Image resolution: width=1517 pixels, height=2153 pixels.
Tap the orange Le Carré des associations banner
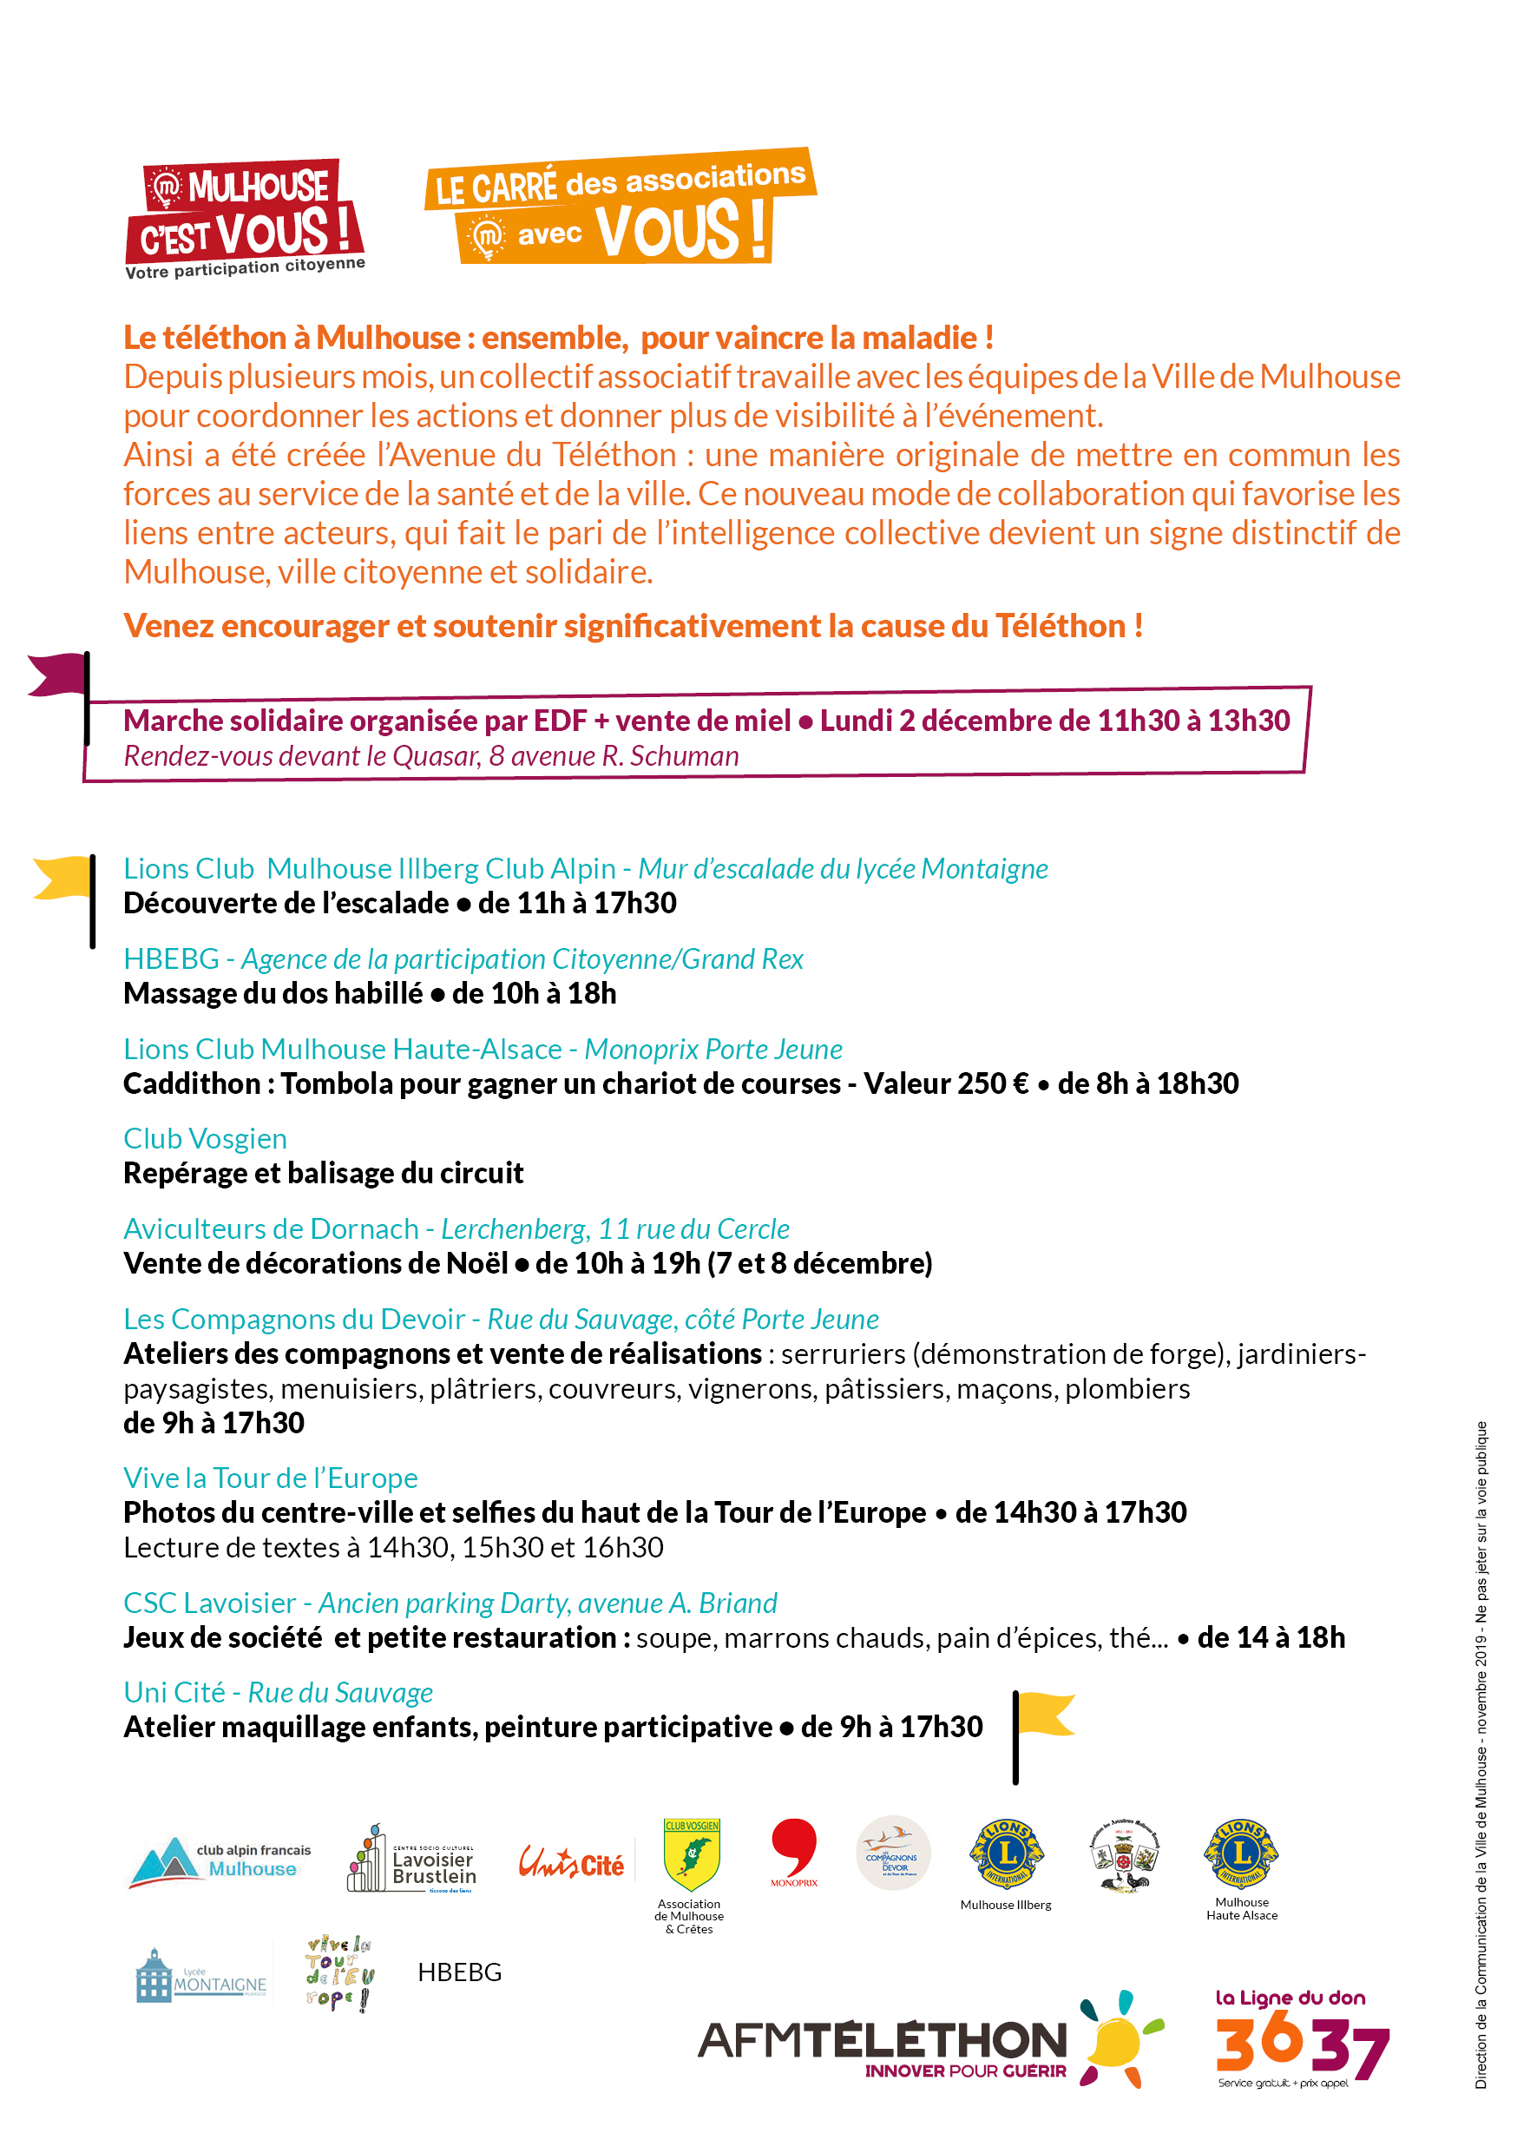[x=620, y=207]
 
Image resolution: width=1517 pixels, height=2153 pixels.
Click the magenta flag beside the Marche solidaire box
[x=58, y=675]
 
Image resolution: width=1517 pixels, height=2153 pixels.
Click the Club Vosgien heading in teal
[x=206, y=1138]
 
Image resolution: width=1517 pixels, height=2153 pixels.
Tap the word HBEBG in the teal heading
[x=171, y=958]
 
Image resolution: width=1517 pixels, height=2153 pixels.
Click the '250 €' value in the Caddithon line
[x=993, y=1083]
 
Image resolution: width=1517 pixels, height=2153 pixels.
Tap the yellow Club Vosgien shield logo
[x=691, y=1855]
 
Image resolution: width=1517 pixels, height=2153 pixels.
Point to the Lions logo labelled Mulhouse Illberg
[x=1006, y=1855]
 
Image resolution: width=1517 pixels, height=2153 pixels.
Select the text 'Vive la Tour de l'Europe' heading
[x=270, y=1478]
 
